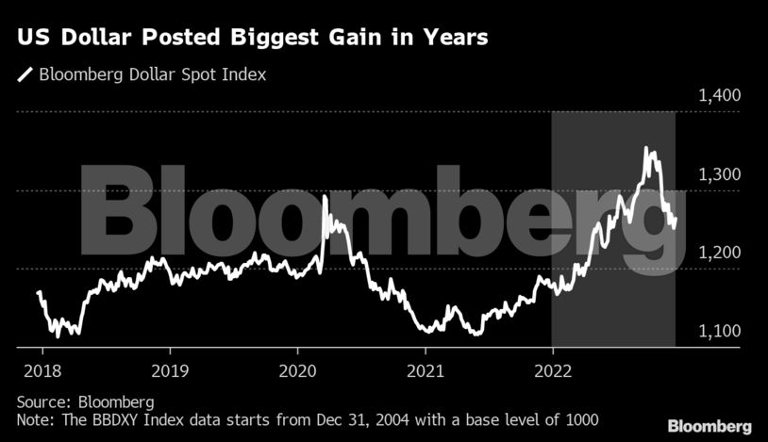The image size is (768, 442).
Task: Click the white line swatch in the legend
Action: tap(25, 74)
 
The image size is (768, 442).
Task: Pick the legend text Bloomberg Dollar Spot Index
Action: tap(152, 74)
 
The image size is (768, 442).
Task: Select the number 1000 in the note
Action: tap(580, 417)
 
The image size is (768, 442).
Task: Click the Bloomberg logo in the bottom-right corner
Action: tap(711, 426)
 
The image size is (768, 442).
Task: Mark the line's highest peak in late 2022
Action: tap(646, 148)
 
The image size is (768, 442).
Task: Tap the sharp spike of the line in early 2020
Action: tap(326, 196)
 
